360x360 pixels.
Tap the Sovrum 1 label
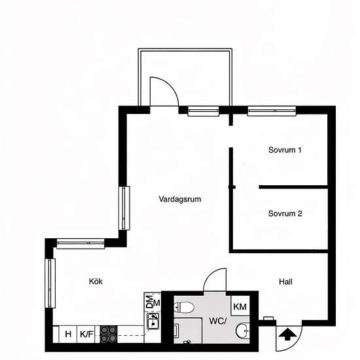pyautogui.click(x=285, y=150)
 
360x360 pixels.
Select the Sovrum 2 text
pyautogui.click(x=285, y=213)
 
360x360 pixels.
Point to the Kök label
pyautogui.click(x=96, y=281)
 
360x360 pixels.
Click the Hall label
pyautogui.click(x=285, y=282)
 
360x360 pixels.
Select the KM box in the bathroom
pyautogui.click(x=240, y=306)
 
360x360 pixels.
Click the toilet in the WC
pyautogui.click(x=184, y=306)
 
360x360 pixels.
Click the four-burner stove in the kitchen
pyautogui.click(x=108, y=333)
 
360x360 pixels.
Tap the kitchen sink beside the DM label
pyautogui.click(x=153, y=321)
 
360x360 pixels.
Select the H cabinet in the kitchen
pyautogui.click(x=68, y=334)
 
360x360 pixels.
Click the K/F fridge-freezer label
pyautogui.click(x=86, y=334)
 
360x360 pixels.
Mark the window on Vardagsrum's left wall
pyautogui.click(x=122, y=208)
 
